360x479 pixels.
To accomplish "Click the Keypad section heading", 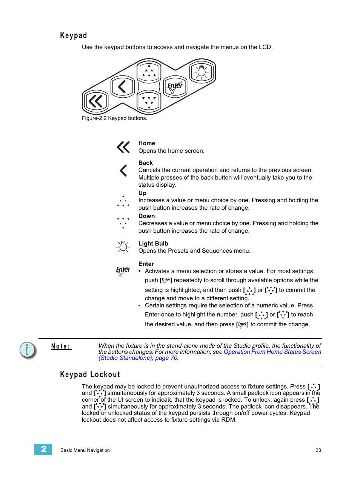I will coord(74,35).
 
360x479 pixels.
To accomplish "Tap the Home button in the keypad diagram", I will coord(96,101).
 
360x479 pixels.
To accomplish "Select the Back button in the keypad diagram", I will coord(122,87).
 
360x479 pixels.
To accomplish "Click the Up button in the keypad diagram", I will coord(149,72).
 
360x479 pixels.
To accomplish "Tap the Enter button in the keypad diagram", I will coord(175,86).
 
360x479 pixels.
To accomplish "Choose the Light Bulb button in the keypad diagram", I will coord(202,72).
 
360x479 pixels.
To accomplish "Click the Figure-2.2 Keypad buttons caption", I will coord(114,118).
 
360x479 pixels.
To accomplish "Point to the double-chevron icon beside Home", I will coord(123,147).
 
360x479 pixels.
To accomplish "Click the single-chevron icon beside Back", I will coord(123,170).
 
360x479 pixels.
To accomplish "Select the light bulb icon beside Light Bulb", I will coord(123,247).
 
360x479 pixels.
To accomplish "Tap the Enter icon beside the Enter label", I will coord(123,270).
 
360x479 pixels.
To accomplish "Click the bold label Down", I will coord(146,216).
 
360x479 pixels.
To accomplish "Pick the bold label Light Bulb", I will coord(153,244).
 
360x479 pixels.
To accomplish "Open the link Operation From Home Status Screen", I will coord(272,352).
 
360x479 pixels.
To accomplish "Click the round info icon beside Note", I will coord(28,350).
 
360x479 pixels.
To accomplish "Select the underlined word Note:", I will coord(61,346).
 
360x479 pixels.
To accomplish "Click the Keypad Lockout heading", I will coord(90,375).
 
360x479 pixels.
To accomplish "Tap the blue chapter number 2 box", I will coord(43,449).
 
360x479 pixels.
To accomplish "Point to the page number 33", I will coord(318,450).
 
